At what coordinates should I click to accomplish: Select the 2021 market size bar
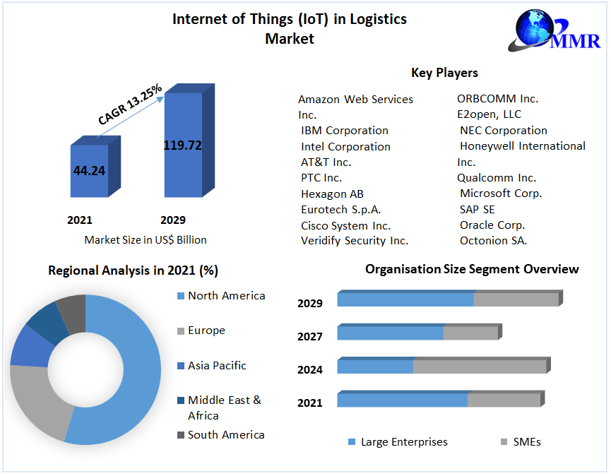coord(89,171)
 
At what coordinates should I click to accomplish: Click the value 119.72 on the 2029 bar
coord(182,145)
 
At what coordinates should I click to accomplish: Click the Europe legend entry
coord(206,331)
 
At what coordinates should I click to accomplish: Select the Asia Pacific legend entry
coord(217,366)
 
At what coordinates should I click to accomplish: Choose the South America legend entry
coord(225,435)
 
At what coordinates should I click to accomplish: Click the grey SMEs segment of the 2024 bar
coord(479,367)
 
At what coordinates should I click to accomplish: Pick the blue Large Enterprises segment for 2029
coord(405,299)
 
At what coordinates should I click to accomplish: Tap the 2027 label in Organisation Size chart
coord(310,337)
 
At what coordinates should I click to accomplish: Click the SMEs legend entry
coord(527,442)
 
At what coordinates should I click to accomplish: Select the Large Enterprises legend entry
coord(403,442)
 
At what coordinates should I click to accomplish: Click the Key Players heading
coord(444,73)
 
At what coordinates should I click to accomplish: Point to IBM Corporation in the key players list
coord(344,131)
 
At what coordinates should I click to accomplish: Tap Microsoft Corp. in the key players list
coord(500,193)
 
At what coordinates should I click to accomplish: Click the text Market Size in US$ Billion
coord(146,240)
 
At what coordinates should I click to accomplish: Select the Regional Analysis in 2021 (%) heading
coord(133,270)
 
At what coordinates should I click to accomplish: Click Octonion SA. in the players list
coord(493,241)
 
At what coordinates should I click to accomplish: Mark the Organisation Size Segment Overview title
coord(472,269)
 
